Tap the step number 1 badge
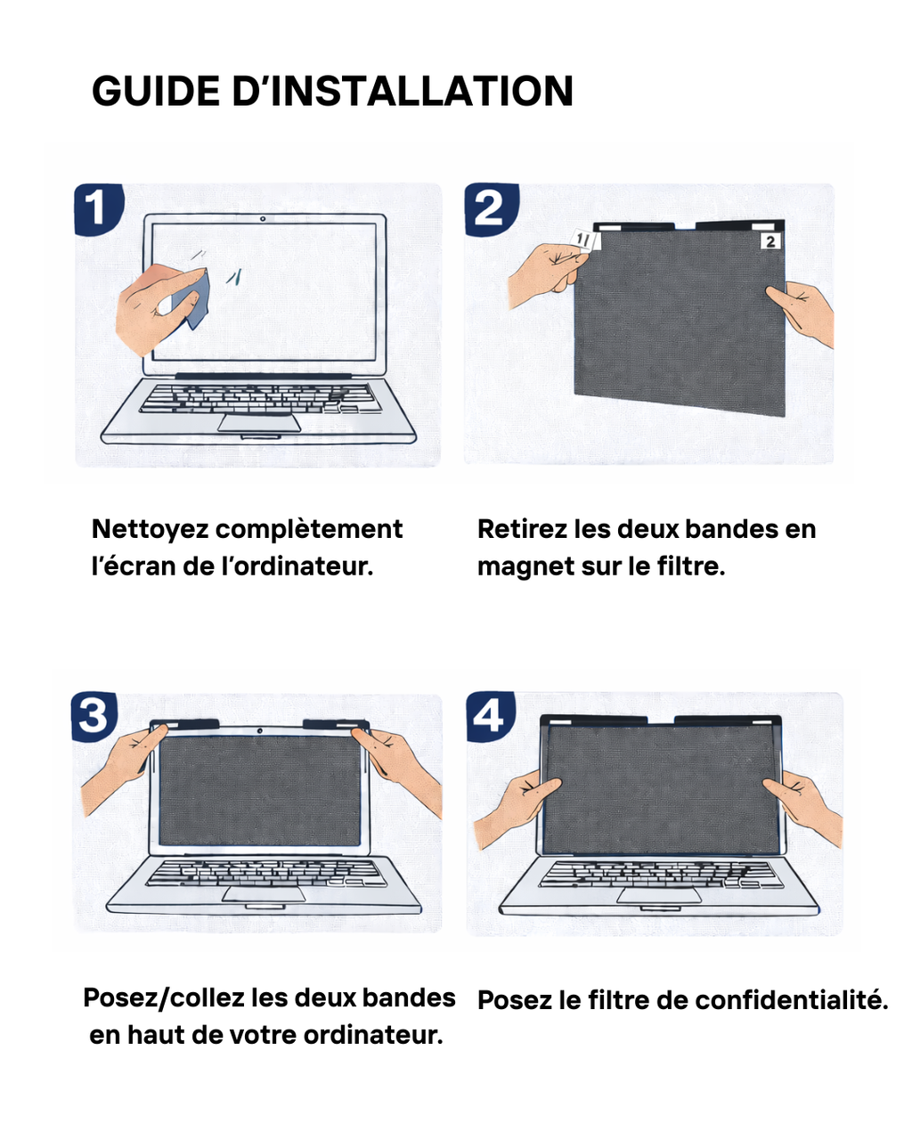pyautogui.click(x=96, y=209)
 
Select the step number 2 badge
pyautogui.click(x=489, y=209)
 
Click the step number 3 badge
pyautogui.click(x=94, y=715)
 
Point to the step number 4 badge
pyautogui.click(x=489, y=715)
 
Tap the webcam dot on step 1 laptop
pyautogui.click(x=263, y=219)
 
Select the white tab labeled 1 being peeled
pyautogui.click(x=584, y=240)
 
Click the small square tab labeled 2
pyautogui.click(x=770, y=240)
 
